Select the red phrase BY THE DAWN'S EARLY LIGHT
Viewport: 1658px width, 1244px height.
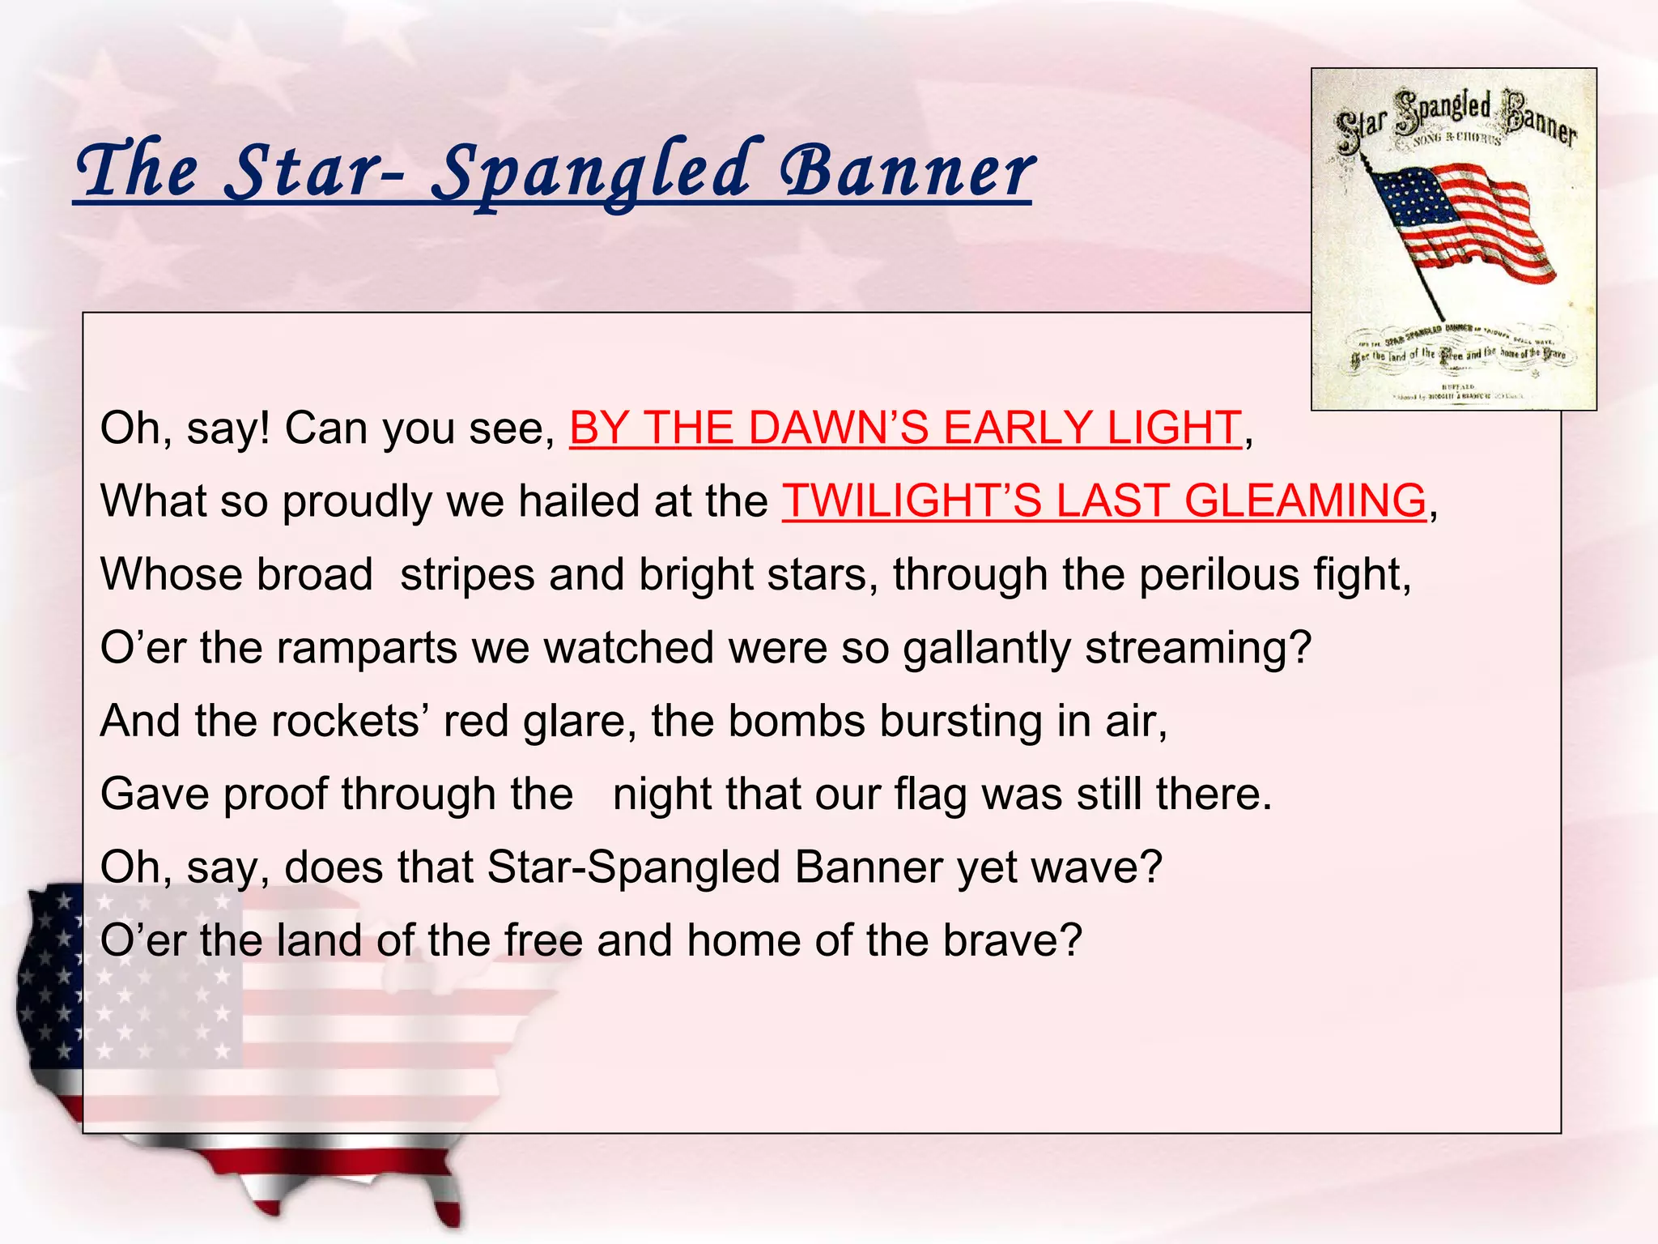click(x=905, y=428)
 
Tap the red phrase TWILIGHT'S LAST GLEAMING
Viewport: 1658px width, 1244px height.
click(x=1103, y=501)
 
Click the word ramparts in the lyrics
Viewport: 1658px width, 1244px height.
click(x=368, y=648)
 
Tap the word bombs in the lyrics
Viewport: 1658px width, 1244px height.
click(x=797, y=721)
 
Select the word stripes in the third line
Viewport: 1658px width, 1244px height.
click(x=467, y=574)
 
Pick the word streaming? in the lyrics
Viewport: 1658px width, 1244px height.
click(x=1197, y=648)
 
